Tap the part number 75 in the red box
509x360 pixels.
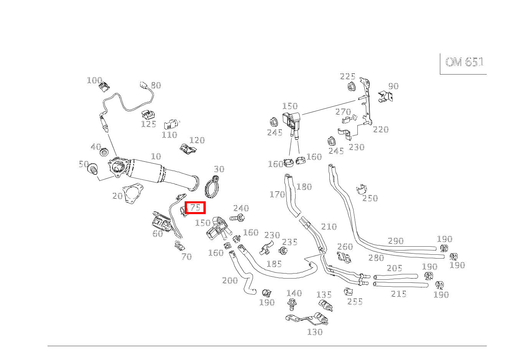(195, 207)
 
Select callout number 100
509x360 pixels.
(95, 80)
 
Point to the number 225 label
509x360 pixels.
(347, 76)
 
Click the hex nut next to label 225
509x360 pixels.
(352, 86)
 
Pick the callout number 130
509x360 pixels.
(315, 332)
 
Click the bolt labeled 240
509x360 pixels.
(237, 218)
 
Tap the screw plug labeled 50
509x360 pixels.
(93, 169)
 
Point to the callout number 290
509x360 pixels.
(396, 241)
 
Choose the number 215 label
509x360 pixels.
(398, 294)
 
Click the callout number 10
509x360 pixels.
(156, 156)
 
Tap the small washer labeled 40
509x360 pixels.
(104, 152)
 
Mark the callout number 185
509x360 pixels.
(274, 264)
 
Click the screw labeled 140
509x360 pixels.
(292, 304)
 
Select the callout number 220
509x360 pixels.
(381, 129)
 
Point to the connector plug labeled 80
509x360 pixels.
(144, 85)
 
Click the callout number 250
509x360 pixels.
(370, 198)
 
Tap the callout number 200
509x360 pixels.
(230, 280)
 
